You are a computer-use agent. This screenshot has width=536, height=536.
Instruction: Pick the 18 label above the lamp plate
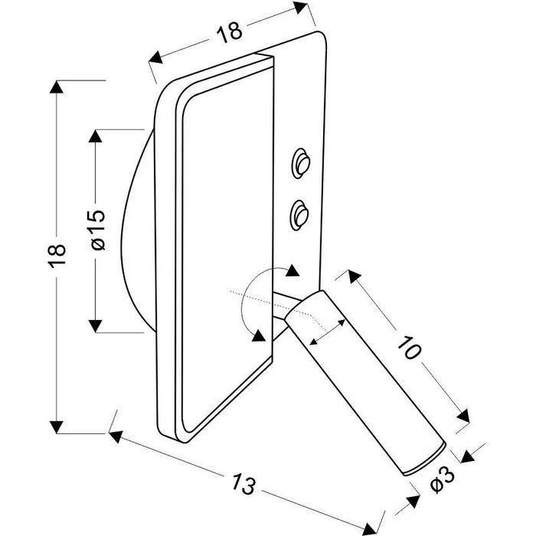point(229,30)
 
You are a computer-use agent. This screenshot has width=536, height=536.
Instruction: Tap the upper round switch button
point(300,162)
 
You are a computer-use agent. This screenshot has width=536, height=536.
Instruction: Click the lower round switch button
point(298,211)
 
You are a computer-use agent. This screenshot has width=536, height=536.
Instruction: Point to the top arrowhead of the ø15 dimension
point(95,136)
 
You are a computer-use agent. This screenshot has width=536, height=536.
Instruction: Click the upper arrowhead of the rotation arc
point(291,270)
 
